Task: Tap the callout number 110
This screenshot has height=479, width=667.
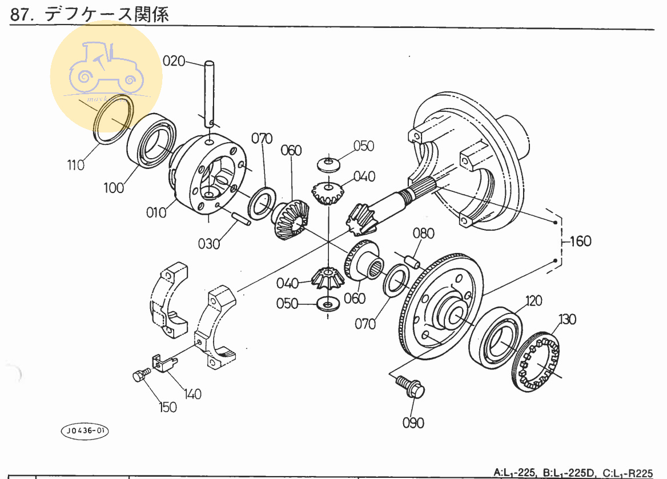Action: (x=75, y=165)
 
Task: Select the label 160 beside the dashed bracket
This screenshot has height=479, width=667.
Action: (x=580, y=241)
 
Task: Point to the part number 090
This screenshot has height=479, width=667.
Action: (x=413, y=423)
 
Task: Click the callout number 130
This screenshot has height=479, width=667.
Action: (x=569, y=318)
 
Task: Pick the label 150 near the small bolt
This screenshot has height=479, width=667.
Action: (x=167, y=407)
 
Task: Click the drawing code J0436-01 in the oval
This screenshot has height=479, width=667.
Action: (x=84, y=430)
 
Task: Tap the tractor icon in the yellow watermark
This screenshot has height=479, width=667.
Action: (x=106, y=69)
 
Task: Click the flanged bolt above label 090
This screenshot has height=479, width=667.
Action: (x=411, y=387)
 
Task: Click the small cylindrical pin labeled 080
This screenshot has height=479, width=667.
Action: (x=412, y=260)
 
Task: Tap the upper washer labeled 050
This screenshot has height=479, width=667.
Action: (x=328, y=164)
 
